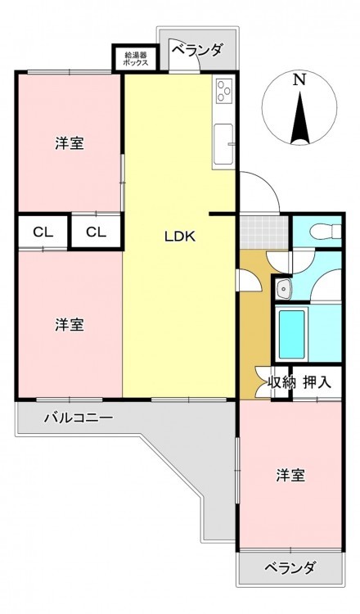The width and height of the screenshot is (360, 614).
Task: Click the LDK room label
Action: pyautogui.click(x=180, y=236)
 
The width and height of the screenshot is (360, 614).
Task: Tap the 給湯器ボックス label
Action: pyautogui.click(x=135, y=59)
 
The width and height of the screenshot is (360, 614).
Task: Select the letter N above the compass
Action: pyautogui.click(x=299, y=80)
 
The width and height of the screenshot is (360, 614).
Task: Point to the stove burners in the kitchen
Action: pyautogui.click(x=224, y=91)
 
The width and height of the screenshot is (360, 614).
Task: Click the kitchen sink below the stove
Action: pyautogui.click(x=223, y=144)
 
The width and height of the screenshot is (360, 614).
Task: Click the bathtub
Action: pyautogui.click(x=291, y=334)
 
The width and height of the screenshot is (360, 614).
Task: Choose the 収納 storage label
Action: pyautogui.click(x=280, y=382)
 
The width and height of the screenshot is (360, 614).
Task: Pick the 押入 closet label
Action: pyautogui.click(x=317, y=382)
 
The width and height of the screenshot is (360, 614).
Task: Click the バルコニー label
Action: pyautogui.click(x=79, y=418)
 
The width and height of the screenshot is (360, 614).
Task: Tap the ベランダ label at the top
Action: pyautogui.click(x=198, y=50)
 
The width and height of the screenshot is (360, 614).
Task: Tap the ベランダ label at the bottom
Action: pyautogui.click(x=290, y=567)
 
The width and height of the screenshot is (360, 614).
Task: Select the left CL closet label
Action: pyautogui.click(x=43, y=233)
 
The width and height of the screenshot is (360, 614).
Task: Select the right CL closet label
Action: pyautogui.click(x=97, y=233)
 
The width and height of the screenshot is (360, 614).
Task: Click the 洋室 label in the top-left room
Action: pyautogui.click(x=70, y=144)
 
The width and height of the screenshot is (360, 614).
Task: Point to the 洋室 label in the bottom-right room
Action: pyautogui.click(x=290, y=476)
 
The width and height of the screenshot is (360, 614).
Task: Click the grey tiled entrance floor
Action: pyautogui.click(x=263, y=233)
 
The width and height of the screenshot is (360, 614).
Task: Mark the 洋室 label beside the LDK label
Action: pyautogui.click(x=70, y=325)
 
